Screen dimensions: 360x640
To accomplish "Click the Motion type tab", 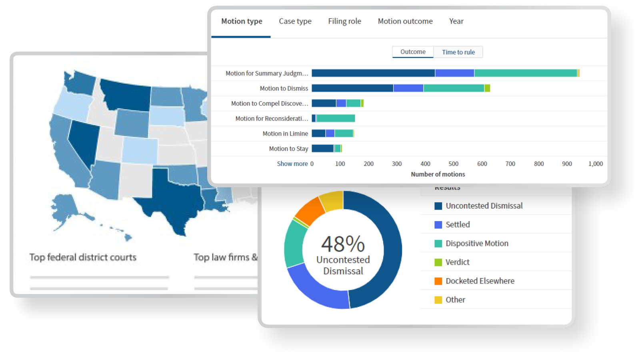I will coord(242,22).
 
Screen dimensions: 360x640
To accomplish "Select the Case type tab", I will coord(295,22).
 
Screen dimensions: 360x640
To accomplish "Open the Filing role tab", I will coord(344,22).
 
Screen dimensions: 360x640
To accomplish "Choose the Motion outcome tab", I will coord(405,22).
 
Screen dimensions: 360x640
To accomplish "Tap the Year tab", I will coord(456,22).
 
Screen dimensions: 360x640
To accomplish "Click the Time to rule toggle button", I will coord(458,52).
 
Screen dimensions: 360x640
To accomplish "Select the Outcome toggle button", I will coord(413,52).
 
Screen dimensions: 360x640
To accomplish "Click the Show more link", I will coord(292,164).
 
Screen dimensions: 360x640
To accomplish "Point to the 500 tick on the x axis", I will coord(454,164).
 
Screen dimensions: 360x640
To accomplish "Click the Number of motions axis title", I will coord(438,174).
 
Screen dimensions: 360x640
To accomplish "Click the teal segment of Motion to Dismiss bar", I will coord(454,88).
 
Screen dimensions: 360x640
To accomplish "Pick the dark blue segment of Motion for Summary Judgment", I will coord(373,73).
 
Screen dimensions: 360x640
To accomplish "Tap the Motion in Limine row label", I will coord(285,134).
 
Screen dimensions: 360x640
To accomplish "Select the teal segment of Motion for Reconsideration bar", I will coord(336,118).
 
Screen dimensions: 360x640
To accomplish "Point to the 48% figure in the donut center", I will coord(343,244).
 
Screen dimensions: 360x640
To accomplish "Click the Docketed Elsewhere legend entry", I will coord(480,281).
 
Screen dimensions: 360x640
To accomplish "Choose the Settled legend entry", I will coord(458,225).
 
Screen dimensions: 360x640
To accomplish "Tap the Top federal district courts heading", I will coord(83,257).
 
